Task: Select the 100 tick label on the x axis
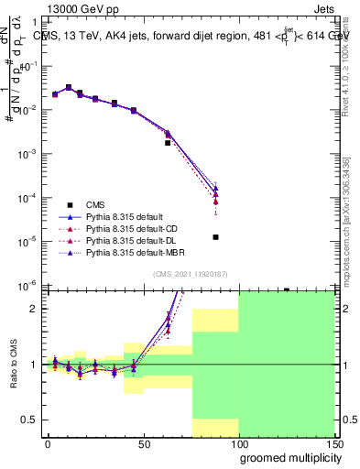238,443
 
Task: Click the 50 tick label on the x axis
144,443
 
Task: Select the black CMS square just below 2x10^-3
168,143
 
